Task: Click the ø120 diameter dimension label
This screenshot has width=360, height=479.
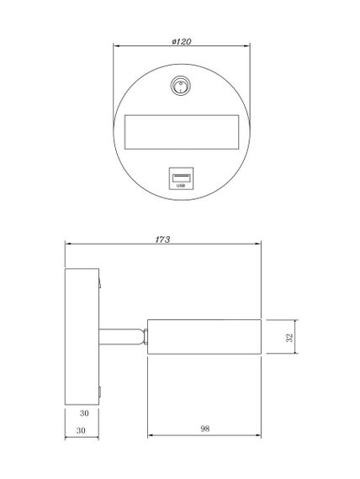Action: click(x=181, y=40)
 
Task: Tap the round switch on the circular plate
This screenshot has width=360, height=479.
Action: click(x=179, y=87)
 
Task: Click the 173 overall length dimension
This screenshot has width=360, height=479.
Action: click(x=163, y=239)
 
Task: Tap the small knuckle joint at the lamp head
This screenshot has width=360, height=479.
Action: click(x=145, y=338)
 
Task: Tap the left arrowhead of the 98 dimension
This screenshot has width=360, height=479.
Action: click(x=151, y=435)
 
